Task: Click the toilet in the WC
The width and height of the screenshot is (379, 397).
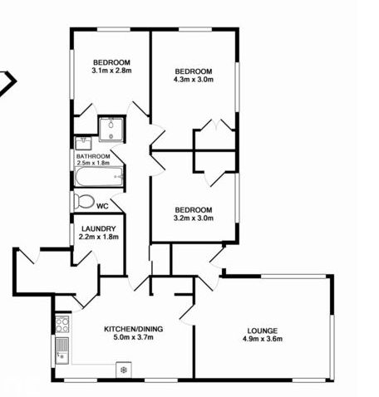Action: [x=84, y=201]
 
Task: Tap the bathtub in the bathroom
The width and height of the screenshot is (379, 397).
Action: [x=99, y=177]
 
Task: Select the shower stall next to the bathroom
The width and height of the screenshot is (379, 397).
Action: [x=111, y=130]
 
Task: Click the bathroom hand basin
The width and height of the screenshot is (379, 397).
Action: [x=83, y=143]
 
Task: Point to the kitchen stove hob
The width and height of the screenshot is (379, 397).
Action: [x=62, y=324]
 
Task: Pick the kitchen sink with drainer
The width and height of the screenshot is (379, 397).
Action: [x=62, y=350]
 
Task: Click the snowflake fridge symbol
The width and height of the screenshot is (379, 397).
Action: [x=124, y=370]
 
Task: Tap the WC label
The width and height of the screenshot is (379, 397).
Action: [x=102, y=206]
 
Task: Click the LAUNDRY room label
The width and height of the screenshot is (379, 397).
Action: [x=99, y=229]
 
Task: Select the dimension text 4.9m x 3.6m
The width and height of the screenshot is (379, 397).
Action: [x=263, y=339]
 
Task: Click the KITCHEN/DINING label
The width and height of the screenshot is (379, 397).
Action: [x=134, y=329]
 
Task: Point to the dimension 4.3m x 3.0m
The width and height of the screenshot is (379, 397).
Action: [x=194, y=80]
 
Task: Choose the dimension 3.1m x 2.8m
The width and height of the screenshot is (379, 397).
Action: [x=111, y=71]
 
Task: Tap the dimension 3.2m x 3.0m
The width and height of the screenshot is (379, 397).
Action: [x=194, y=218]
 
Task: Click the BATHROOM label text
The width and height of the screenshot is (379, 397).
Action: [x=93, y=156]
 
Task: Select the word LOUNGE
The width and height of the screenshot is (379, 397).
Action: [x=263, y=331]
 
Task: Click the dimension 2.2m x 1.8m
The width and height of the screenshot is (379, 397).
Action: [x=99, y=237]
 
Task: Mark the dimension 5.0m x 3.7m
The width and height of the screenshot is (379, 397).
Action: [x=134, y=337]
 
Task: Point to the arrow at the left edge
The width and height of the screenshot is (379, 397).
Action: [x=7, y=83]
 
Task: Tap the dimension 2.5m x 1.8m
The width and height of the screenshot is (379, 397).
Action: [x=93, y=163]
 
